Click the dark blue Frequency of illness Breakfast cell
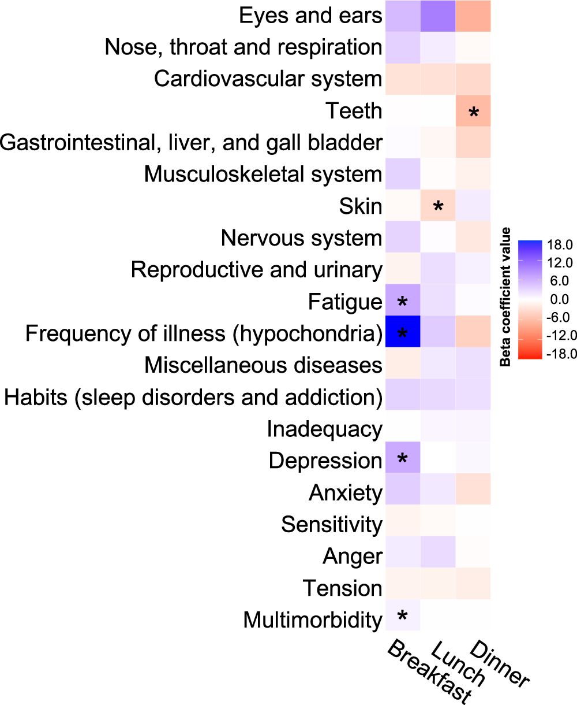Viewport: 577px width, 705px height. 402,333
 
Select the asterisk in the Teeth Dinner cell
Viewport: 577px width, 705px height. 474,112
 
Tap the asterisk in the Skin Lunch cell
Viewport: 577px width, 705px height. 438,206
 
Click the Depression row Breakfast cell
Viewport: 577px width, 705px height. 402,460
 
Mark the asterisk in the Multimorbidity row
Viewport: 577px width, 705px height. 402,617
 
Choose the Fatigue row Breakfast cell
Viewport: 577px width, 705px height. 402,301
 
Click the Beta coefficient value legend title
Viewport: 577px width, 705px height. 506,297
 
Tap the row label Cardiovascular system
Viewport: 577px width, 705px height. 268,79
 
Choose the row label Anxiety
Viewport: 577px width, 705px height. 345,493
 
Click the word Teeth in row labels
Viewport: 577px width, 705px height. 353,110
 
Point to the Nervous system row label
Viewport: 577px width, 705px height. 301,238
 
